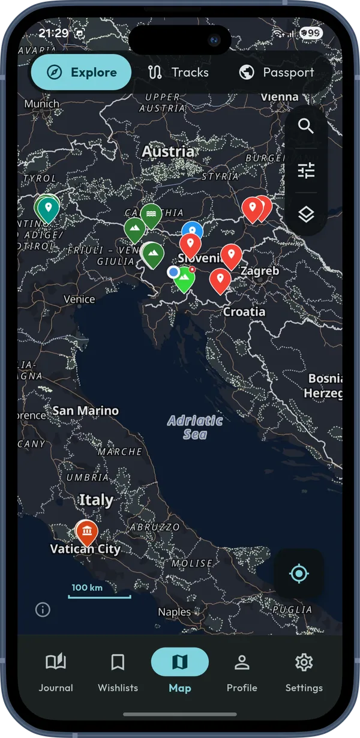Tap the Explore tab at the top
click(81, 73)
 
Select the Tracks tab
click(178, 73)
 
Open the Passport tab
click(277, 73)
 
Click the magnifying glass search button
click(306, 127)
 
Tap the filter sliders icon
click(306, 171)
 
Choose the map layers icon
click(306, 214)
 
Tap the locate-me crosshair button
click(299, 574)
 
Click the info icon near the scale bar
click(43, 610)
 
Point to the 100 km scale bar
click(99, 596)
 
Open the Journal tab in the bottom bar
click(56, 672)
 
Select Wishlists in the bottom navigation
click(118, 672)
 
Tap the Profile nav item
click(242, 672)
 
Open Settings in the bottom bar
click(304, 672)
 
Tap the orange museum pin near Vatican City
click(88, 532)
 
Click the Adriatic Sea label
click(195, 427)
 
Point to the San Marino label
click(86, 411)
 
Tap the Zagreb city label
click(259, 271)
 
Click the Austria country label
click(168, 152)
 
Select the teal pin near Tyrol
click(48, 208)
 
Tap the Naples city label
click(174, 613)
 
